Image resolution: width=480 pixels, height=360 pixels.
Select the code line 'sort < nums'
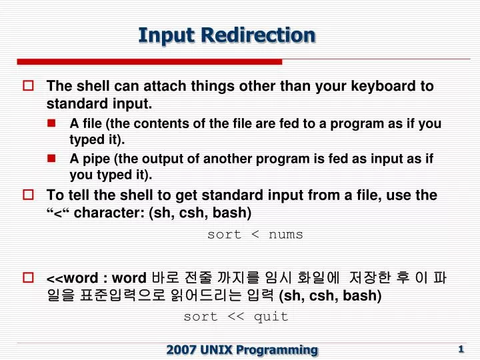pos(255,235)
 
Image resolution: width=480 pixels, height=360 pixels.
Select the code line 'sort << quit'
pos(236,317)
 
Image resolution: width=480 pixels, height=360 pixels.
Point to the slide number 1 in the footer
pos(461,349)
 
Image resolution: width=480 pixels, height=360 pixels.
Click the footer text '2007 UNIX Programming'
pos(242,349)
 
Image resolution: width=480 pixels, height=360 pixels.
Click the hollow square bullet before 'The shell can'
pos(28,87)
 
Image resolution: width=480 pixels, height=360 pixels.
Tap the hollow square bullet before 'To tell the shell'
pos(28,195)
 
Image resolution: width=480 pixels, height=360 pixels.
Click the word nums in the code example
pos(286,235)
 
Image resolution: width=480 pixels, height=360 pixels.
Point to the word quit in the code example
pos(271,317)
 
